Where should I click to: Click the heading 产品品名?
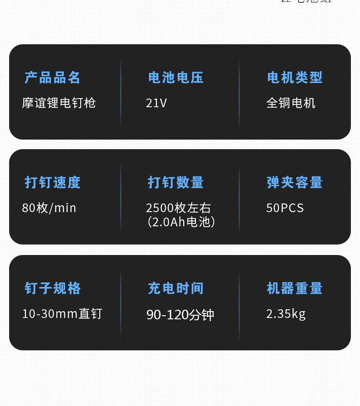click(52, 78)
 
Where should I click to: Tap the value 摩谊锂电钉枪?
click(59, 103)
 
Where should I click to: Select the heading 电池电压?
click(176, 78)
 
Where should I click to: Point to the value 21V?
click(156, 103)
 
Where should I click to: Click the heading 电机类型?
click(295, 78)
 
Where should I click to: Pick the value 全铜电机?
click(291, 103)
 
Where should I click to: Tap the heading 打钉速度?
click(52, 182)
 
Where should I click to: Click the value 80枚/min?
click(49, 208)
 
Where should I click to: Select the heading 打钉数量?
click(176, 182)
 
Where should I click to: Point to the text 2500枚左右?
click(179, 208)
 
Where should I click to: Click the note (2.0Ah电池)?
click(181, 222)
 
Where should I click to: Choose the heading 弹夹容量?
click(295, 182)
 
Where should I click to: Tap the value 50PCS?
click(285, 208)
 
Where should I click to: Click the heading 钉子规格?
click(52, 288)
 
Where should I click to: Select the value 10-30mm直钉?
click(62, 314)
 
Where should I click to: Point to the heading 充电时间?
click(176, 288)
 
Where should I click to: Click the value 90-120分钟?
click(180, 315)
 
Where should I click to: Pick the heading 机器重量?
click(295, 288)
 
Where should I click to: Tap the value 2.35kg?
click(286, 314)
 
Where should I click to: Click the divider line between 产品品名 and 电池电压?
click(121, 94)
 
